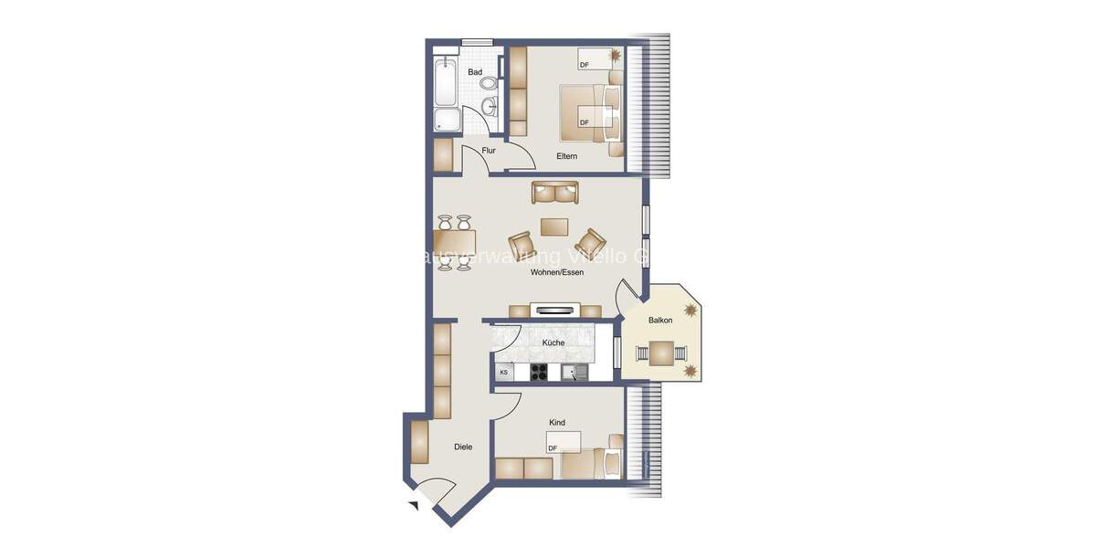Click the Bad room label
475,72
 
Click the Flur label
489,151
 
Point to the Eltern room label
567,156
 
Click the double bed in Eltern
588,112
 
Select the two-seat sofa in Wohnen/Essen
555,193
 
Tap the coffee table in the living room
553,226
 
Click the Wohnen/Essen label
557,272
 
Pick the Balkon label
660,321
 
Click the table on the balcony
661,352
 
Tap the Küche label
553,343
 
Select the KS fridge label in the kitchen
503,373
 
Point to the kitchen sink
574,372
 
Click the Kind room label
557,423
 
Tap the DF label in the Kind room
553,448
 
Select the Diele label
463,447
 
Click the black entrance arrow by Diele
413,505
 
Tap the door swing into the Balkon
628,294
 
